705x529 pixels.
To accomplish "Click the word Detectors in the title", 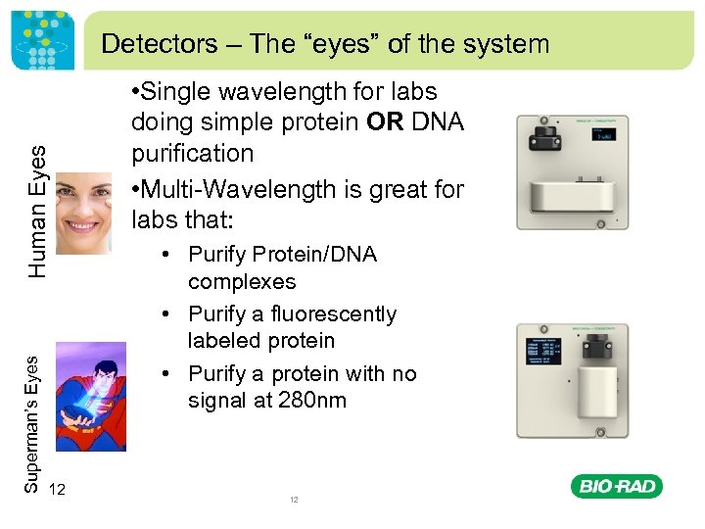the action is [x=146, y=43].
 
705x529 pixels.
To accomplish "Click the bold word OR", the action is [x=390, y=122].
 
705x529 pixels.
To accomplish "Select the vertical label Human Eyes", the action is [x=36, y=210].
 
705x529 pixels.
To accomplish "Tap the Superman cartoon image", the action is [x=90, y=396].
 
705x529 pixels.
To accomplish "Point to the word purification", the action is [x=193, y=154].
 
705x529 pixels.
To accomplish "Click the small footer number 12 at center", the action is [x=293, y=500].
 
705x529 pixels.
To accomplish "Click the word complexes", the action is [x=241, y=282].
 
